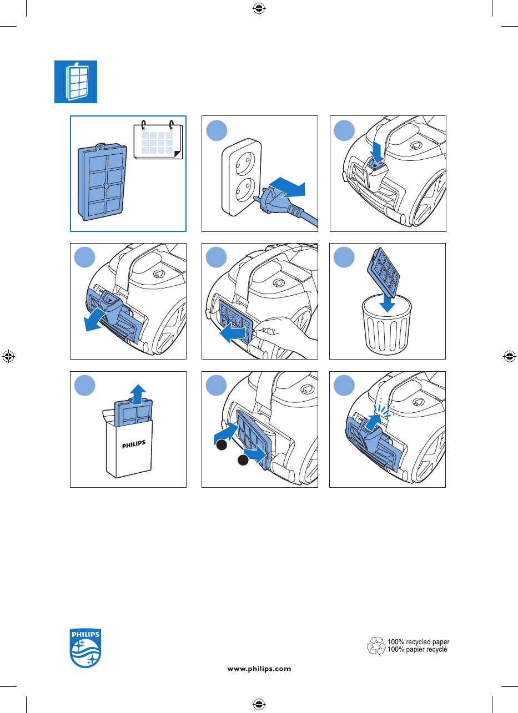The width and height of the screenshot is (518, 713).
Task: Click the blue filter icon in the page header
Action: click(x=76, y=82)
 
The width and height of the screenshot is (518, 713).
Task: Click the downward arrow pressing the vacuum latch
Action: click(x=378, y=152)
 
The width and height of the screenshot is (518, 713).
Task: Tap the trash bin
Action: click(x=387, y=325)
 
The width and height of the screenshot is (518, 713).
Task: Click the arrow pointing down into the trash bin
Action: click(x=387, y=301)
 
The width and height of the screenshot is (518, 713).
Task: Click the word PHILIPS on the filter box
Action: click(x=134, y=444)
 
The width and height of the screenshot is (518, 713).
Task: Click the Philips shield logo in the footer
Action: click(x=86, y=648)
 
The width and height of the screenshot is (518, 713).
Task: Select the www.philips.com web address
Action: click(x=259, y=669)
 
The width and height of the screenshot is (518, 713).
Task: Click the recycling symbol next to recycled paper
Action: click(x=376, y=645)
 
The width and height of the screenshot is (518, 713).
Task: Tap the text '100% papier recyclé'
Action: click(x=418, y=649)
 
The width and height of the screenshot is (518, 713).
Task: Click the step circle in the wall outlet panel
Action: click(x=217, y=130)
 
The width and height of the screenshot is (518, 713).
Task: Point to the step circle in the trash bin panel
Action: click(x=344, y=257)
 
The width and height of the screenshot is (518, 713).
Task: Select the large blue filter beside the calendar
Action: click(x=102, y=181)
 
